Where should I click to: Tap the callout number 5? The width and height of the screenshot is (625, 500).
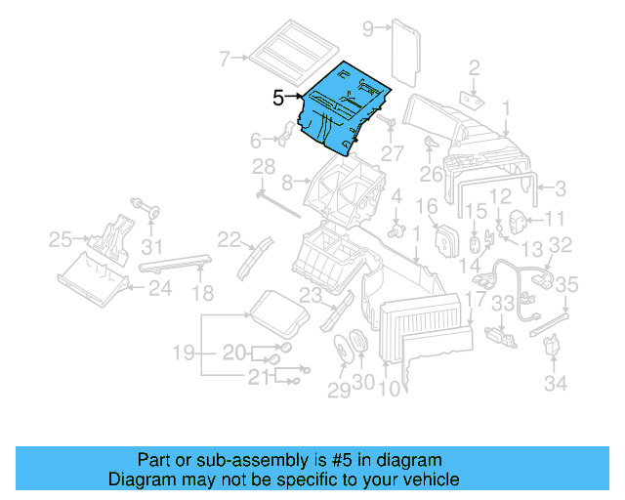(x=278, y=98)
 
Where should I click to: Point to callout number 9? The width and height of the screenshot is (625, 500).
(x=368, y=28)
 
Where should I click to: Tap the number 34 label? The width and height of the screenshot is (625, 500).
(x=555, y=384)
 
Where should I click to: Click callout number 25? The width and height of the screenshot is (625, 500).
(x=61, y=238)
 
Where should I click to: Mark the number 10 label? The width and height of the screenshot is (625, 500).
(x=388, y=388)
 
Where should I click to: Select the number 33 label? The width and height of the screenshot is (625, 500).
(x=501, y=305)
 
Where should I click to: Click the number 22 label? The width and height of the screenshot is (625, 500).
(x=229, y=239)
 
